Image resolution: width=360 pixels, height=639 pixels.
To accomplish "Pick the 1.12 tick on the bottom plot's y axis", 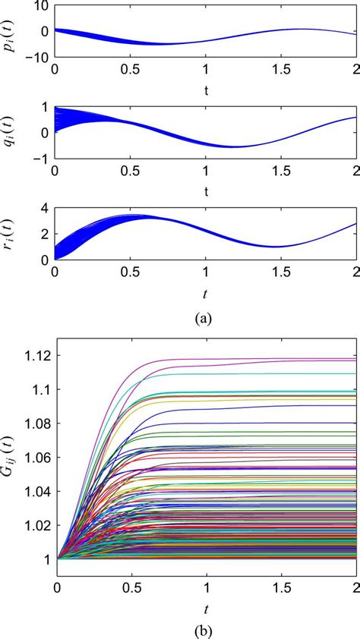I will click(35, 356).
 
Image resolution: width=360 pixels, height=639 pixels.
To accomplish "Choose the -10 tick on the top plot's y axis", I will click(37, 57).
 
